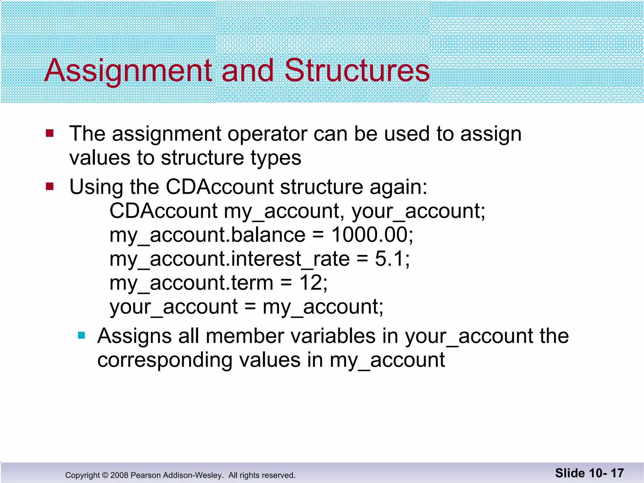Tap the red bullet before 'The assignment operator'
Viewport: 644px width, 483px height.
coord(50,133)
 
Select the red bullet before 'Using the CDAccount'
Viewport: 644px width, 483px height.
coord(50,187)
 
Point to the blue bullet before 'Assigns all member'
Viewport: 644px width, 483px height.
coord(81,336)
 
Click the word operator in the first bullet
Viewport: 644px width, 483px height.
coord(267,134)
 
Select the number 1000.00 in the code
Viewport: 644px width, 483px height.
coord(369,235)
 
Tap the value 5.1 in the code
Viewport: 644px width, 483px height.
coord(389,259)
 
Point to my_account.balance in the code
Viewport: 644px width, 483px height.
coord(207,236)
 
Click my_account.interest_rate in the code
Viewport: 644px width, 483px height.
coord(229,259)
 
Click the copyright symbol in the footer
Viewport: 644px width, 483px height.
coord(105,475)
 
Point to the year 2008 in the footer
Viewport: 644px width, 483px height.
coord(119,475)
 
